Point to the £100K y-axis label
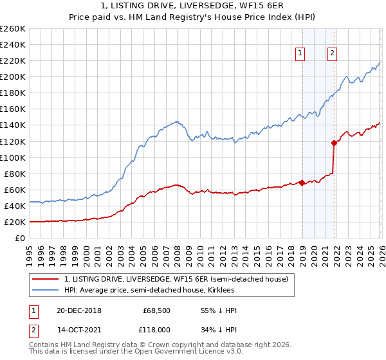pos(13,157)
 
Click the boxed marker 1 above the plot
pos(300,54)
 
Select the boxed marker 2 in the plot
pos(333,54)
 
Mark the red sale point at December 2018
pos(302,183)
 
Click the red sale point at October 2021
pos(334,143)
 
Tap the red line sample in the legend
pos(45,279)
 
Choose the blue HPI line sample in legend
pos(45,291)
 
